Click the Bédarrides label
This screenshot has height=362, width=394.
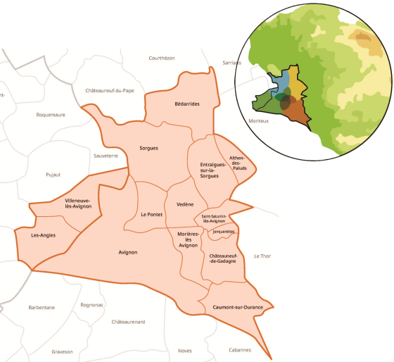point(187,104)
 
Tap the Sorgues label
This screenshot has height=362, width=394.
point(149,149)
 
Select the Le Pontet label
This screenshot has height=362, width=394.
point(151,214)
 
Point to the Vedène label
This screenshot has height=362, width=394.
point(185,204)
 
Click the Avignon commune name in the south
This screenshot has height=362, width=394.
point(128,252)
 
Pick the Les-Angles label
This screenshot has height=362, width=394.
point(44,235)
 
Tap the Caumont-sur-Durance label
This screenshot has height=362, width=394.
point(234,308)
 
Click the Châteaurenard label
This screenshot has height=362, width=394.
point(128,322)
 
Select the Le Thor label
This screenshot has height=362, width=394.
point(262,256)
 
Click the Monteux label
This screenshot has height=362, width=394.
point(259,120)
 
